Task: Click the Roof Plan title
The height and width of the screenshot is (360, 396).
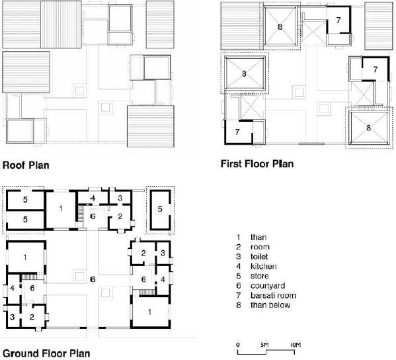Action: click(26, 165)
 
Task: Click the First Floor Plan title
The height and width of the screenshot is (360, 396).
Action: click(257, 164)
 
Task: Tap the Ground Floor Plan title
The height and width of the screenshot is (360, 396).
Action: click(46, 353)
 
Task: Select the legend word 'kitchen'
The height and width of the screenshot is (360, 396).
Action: click(263, 266)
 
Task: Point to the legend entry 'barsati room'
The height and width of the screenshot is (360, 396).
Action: click(273, 295)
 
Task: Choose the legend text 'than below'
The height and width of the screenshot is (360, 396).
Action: click(270, 305)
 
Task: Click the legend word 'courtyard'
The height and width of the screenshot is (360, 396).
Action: click(268, 286)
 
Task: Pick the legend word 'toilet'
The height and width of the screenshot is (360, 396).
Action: click(259, 257)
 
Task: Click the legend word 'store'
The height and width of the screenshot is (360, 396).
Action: click(259, 276)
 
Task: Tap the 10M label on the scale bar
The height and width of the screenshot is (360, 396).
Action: click(295, 345)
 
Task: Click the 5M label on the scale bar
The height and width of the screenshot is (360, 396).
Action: click(264, 345)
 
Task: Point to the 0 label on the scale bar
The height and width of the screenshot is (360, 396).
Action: click(238, 345)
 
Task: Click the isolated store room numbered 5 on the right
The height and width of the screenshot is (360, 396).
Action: click(160, 210)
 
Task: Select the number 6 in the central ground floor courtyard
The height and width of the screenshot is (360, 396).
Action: click(93, 279)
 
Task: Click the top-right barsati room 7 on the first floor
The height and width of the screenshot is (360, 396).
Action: click(338, 21)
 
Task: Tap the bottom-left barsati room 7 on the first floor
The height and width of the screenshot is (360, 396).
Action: click(238, 132)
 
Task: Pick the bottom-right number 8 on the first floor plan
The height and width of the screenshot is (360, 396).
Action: click(368, 128)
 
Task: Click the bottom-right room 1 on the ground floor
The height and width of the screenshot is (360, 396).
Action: click(150, 312)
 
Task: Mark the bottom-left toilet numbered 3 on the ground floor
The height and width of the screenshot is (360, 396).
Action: click(13, 317)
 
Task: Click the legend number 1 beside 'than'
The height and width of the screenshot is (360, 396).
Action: click(238, 238)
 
